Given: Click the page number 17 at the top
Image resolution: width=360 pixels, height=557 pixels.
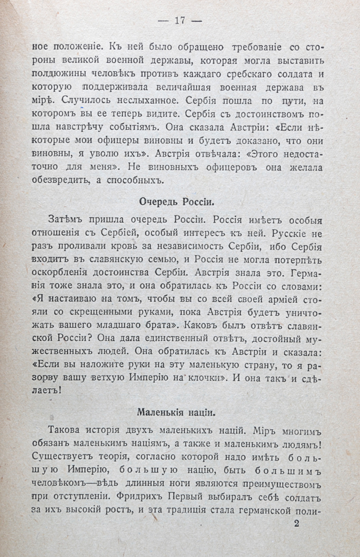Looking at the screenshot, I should point(179,21).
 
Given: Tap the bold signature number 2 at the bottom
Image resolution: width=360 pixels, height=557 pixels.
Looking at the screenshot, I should point(296,523).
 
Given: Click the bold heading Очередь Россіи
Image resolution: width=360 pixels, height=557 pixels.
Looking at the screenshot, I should point(179,202).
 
